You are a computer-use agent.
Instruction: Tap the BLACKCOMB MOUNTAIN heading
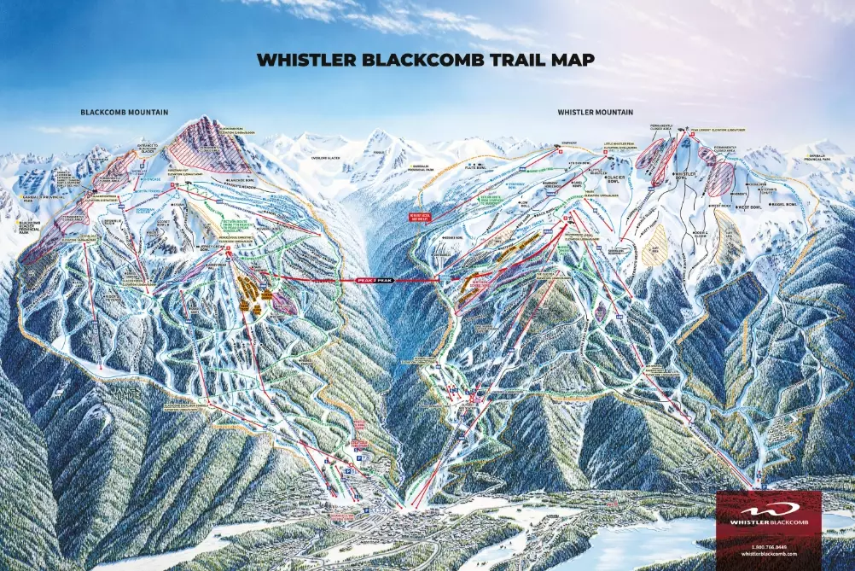click(125, 112)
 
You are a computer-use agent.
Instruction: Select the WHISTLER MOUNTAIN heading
click(596, 112)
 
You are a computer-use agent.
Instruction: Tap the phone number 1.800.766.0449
click(769, 545)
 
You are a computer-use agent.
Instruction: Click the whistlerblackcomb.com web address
click(769, 553)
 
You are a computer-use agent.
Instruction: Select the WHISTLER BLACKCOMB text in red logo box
click(769, 521)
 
